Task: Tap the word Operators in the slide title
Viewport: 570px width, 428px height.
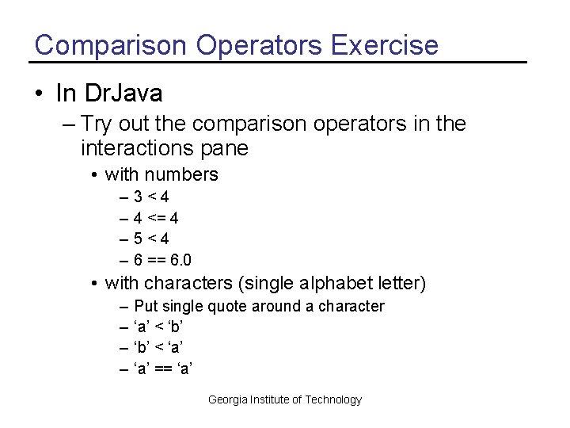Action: click(259, 45)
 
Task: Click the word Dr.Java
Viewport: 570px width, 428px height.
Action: click(121, 94)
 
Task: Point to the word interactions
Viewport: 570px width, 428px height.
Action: click(137, 148)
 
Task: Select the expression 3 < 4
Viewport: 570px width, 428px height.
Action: click(151, 197)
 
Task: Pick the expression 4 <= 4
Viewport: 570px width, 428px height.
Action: click(156, 218)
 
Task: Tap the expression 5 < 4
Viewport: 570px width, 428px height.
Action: click(151, 239)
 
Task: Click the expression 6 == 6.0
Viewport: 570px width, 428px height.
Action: click(162, 260)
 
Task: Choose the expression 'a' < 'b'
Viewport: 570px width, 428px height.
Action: click(164, 327)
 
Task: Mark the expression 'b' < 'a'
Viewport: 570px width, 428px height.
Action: click(164, 347)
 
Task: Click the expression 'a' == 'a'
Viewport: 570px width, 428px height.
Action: click(164, 368)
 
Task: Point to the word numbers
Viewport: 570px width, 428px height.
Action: click(181, 174)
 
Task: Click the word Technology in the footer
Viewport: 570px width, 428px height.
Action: click(333, 399)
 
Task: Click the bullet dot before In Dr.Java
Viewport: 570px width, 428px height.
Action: click(39, 94)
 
